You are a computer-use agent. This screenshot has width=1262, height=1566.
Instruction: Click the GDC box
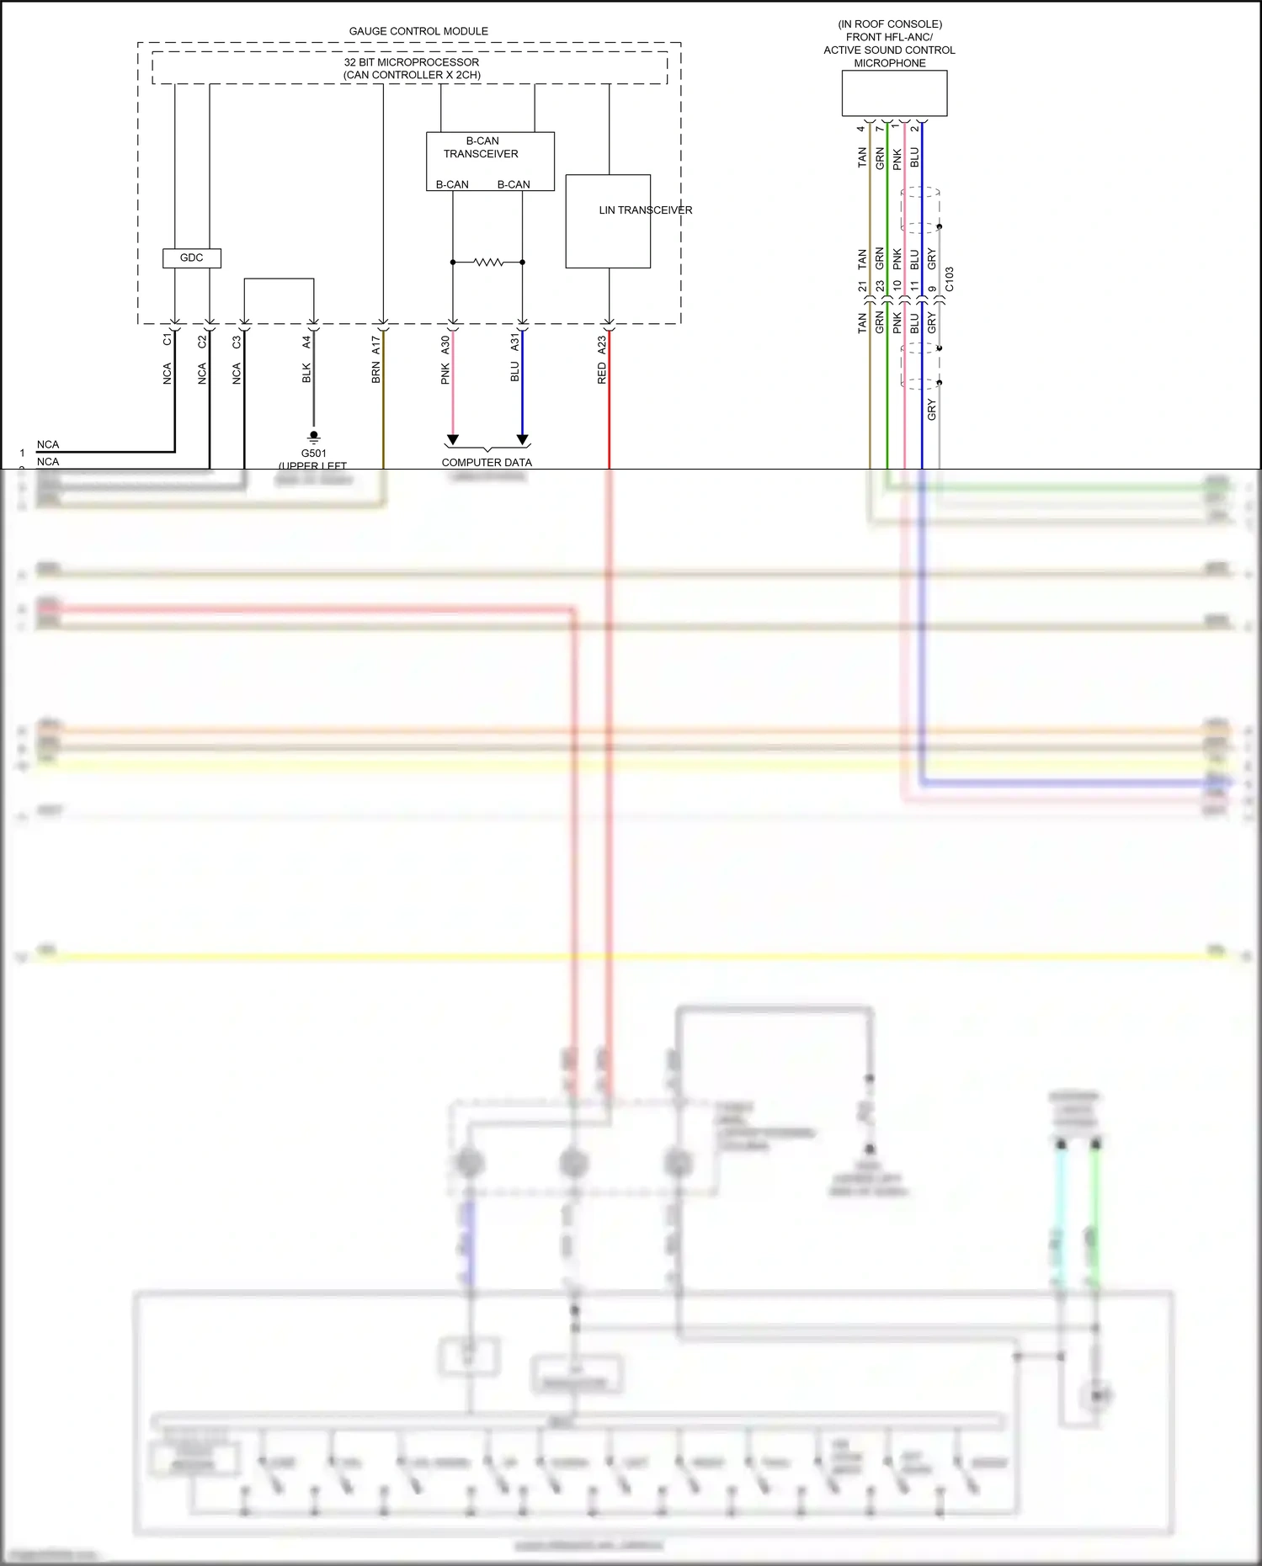click(191, 258)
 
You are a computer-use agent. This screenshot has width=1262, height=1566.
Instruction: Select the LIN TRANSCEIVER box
click(608, 222)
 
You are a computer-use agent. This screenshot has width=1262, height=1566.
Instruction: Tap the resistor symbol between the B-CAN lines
click(488, 263)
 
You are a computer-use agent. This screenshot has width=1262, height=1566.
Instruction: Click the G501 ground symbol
click(314, 437)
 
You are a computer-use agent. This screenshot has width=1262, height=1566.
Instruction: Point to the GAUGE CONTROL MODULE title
click(418, 31)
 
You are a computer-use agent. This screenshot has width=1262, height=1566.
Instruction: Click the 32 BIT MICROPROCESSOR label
click(411, 62)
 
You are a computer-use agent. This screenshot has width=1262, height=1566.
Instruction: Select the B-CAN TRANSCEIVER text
click(482, 147)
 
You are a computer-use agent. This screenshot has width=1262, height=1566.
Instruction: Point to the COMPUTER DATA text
click(487, 462)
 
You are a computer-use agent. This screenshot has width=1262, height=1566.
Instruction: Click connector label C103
click(950, 279)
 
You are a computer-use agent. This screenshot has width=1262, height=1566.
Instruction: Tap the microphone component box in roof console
click(894, 93)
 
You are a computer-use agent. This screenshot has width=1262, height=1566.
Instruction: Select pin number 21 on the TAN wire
click(862, 287)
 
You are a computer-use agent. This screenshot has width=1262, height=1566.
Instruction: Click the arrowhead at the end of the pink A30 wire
click(453, 440)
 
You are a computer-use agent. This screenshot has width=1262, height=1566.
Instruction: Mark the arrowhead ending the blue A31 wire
click(522, 440)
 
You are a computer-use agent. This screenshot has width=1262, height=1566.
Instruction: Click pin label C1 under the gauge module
click(168, 340)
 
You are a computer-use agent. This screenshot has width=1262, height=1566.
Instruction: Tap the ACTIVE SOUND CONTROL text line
click(889, 50)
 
